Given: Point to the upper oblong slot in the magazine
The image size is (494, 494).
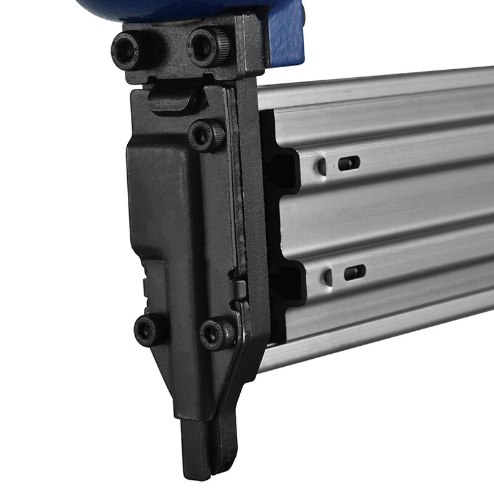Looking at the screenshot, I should [x=348, y=163].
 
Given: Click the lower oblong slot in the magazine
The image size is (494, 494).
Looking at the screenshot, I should [x=354, y=272].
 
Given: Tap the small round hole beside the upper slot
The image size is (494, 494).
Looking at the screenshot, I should [x=321, y=165].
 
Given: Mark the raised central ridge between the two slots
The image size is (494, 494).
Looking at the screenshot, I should [x=383, y=216].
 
